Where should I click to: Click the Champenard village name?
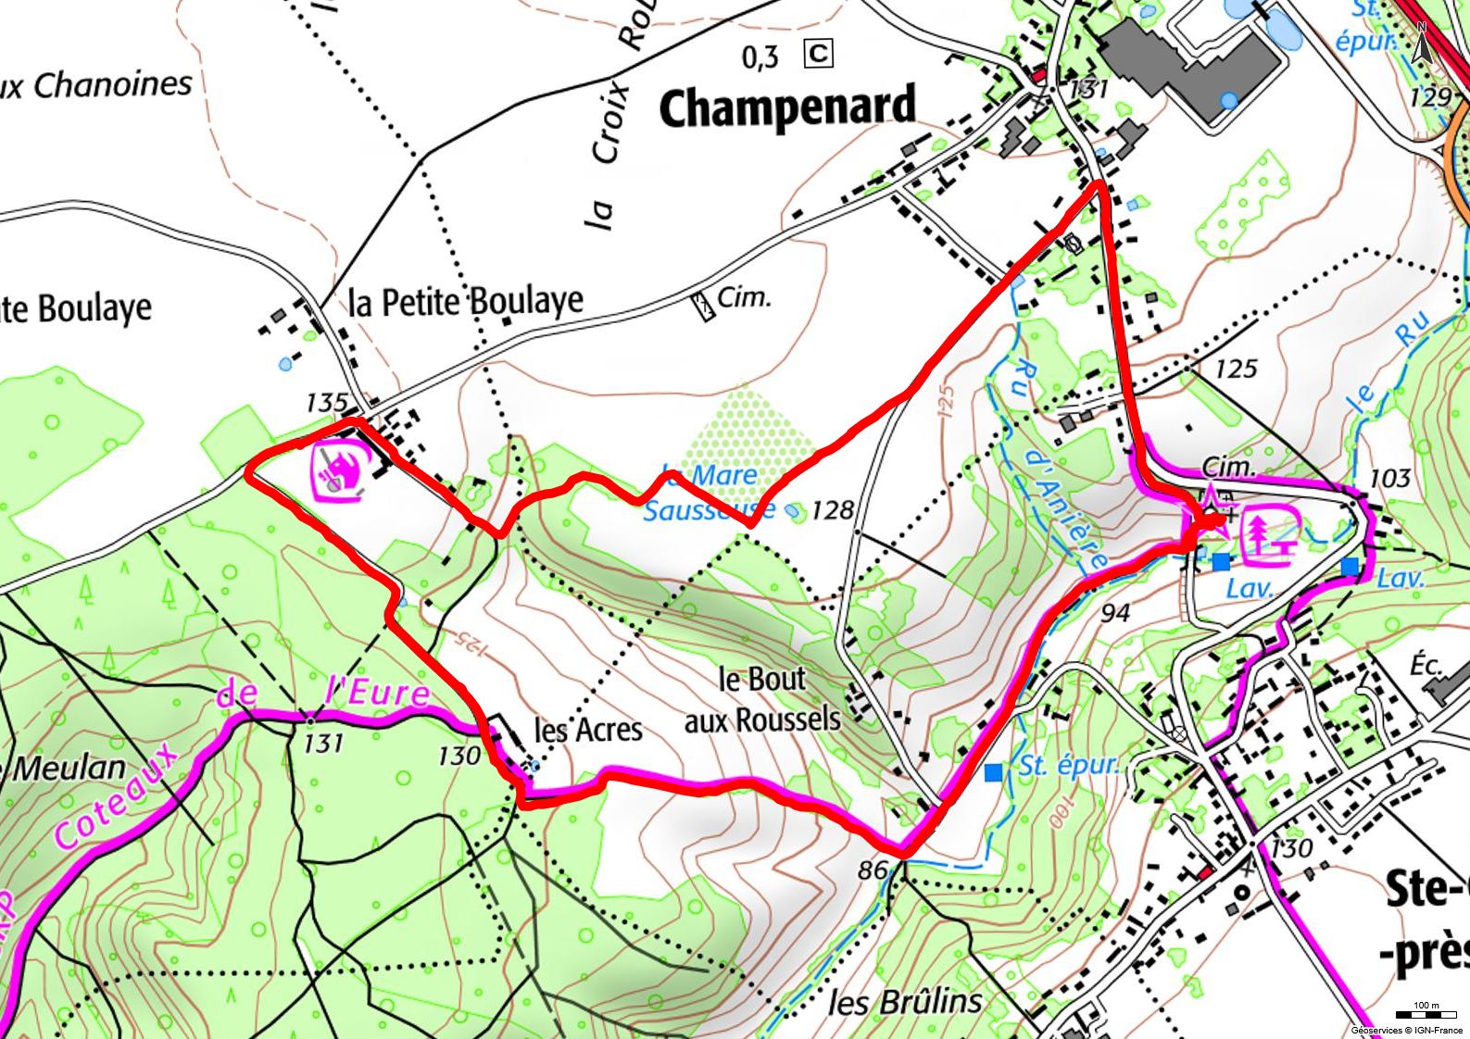786,108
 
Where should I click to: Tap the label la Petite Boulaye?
466,301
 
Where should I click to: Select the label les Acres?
588,730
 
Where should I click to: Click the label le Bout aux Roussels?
762,699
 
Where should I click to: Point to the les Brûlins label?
904,1000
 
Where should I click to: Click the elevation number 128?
832,510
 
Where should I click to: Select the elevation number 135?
326,403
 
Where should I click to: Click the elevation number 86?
873,870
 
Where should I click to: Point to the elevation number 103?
1388,479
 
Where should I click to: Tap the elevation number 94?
1116,613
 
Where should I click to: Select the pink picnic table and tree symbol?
1272,535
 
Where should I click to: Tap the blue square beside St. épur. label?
994,771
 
